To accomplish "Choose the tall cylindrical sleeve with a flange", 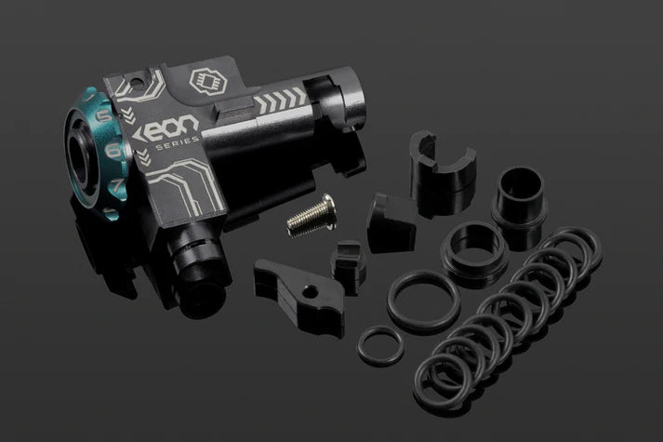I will point(518,202).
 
